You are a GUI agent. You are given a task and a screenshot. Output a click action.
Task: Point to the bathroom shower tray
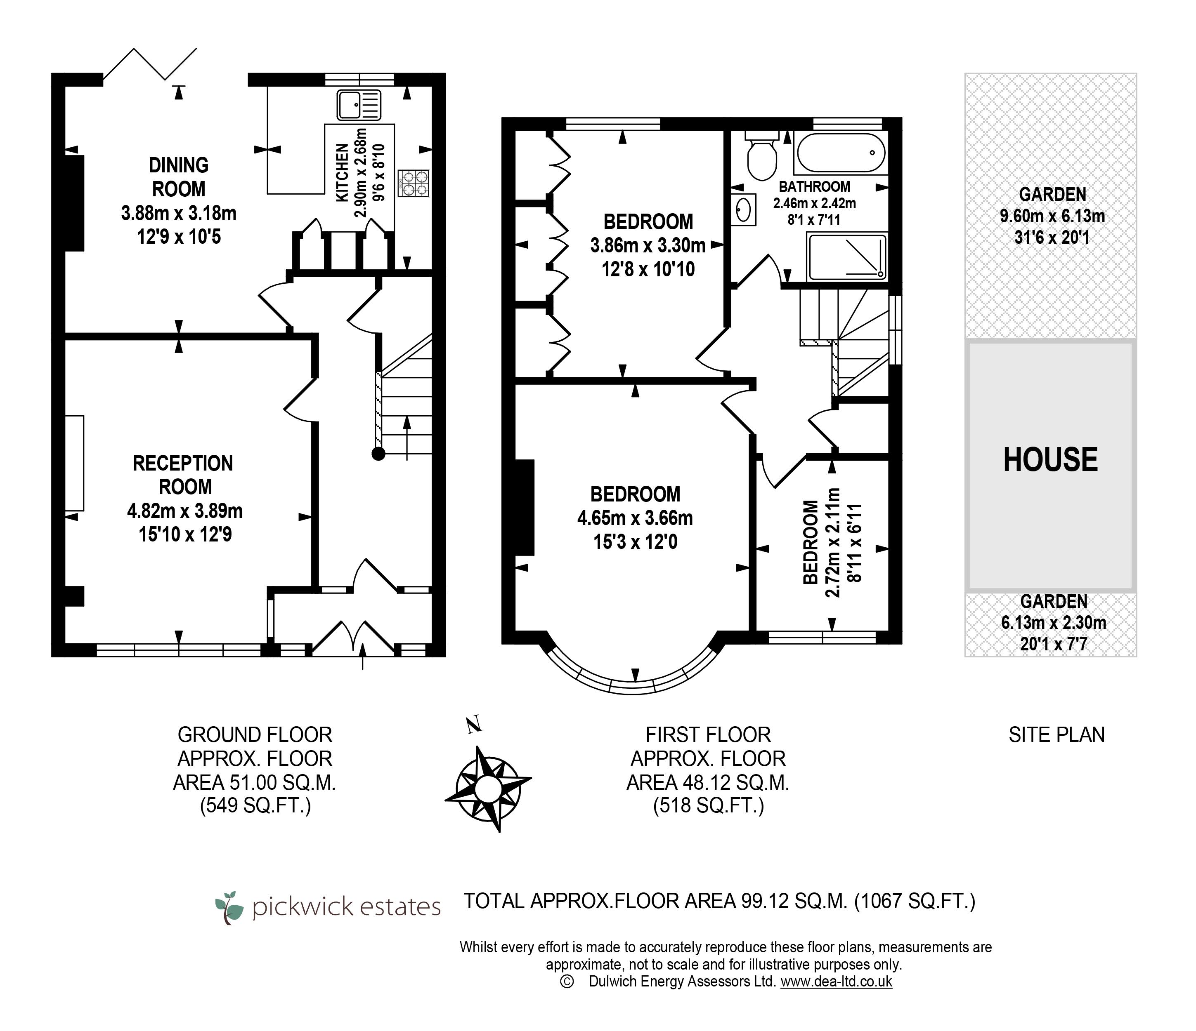coord(847,257)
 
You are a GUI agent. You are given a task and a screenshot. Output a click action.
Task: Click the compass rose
coord(488,788)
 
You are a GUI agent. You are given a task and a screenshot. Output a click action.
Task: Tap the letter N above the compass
coord(473,725)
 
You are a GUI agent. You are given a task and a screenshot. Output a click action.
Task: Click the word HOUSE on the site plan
coord(1051,460)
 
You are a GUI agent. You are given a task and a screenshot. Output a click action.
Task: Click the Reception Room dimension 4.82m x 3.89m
coord(185,511)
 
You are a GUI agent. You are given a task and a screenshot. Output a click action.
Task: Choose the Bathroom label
coord(814,187)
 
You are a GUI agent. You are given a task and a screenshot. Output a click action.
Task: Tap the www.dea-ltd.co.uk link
coord(837,982)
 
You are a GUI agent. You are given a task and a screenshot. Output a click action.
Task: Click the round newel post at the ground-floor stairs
coord(378,454)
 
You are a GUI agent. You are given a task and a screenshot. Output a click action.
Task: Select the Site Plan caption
coord(1057,734)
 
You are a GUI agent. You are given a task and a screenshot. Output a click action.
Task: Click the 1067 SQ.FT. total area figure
coord(915,901)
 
